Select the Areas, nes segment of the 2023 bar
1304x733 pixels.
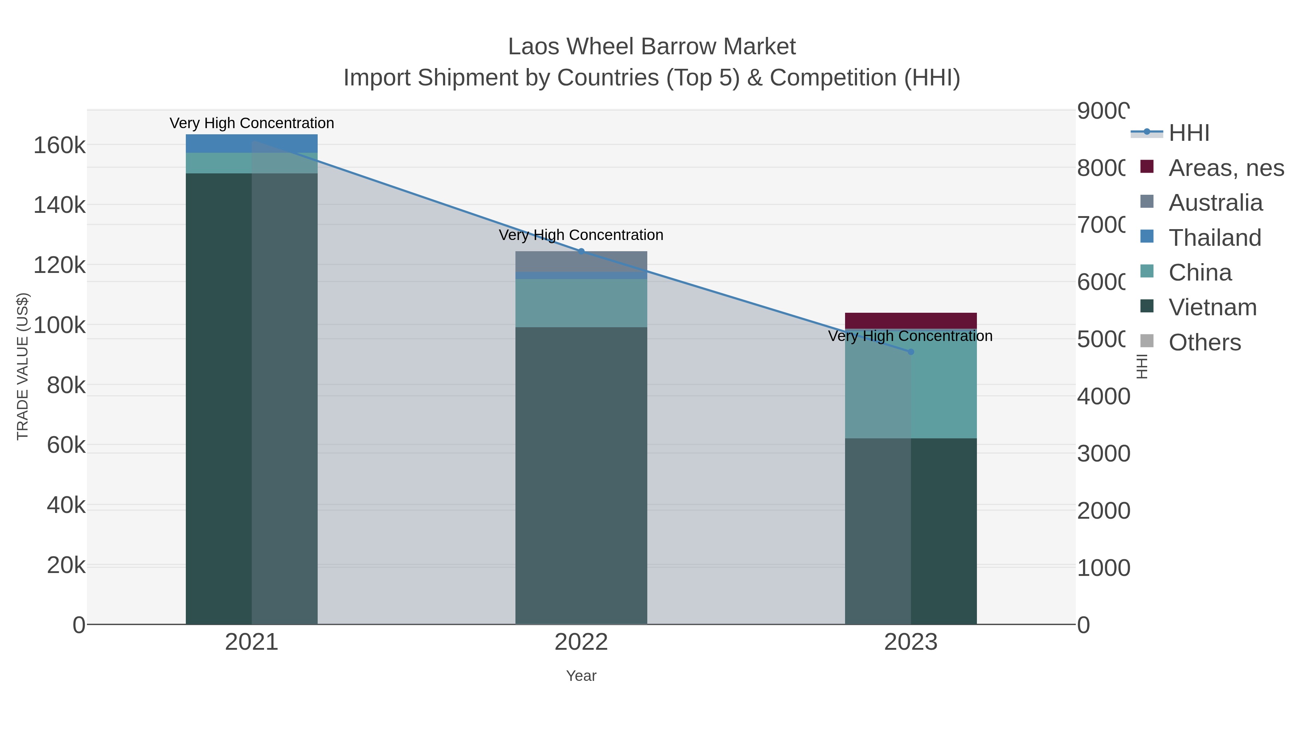coord(911,321)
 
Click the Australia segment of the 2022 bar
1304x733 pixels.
coord(581,261)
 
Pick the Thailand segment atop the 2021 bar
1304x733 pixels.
coord(252,143)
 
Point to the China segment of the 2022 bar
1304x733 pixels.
coord(581,303)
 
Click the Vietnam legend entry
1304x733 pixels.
coord(1212,308)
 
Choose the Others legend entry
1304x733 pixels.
coord(1205,342)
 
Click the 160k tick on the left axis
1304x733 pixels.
coord(59,146)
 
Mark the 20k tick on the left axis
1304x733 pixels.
coord(66,565)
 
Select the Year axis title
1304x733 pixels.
coord(581,676)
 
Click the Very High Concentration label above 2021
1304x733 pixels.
coord(252,123)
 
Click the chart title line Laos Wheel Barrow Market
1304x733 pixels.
coord(652,47)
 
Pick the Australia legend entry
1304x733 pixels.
coord(1215,203)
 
